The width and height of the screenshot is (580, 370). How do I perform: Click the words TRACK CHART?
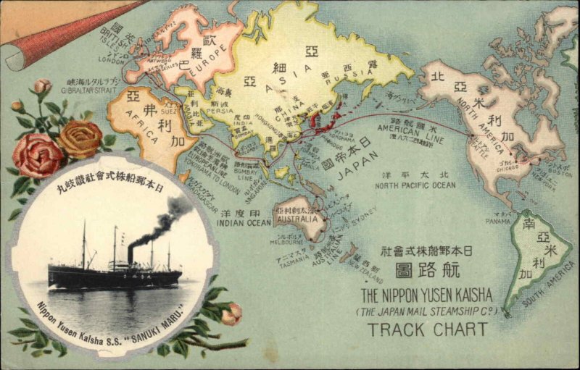point(427,329)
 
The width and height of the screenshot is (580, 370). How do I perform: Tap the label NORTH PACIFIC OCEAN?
point(415,185)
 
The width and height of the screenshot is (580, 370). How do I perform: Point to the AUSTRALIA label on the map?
point(297,218)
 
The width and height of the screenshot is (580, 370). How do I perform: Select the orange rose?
point(80,139)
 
